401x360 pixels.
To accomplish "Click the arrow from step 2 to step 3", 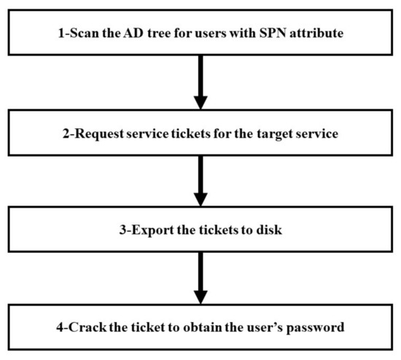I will coord(200,183).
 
